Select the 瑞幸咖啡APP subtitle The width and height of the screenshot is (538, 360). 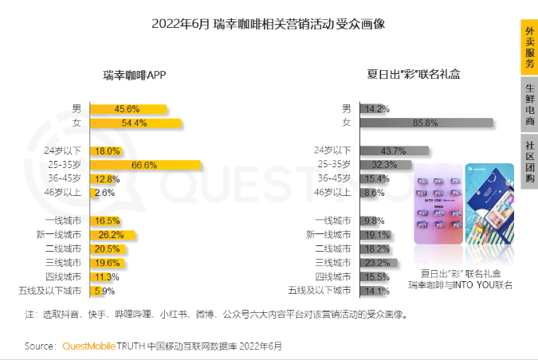135,75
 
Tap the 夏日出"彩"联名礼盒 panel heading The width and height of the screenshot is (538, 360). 414,75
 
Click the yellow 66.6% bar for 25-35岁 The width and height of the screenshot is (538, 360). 144,165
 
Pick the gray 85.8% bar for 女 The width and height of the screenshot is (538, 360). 426,123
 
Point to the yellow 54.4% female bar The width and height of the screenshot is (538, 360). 135,123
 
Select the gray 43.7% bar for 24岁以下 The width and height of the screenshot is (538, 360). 394,151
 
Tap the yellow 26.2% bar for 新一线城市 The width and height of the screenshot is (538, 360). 112,235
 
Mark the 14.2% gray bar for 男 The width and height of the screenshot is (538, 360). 374,108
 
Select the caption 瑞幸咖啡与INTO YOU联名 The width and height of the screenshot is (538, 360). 461,285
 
